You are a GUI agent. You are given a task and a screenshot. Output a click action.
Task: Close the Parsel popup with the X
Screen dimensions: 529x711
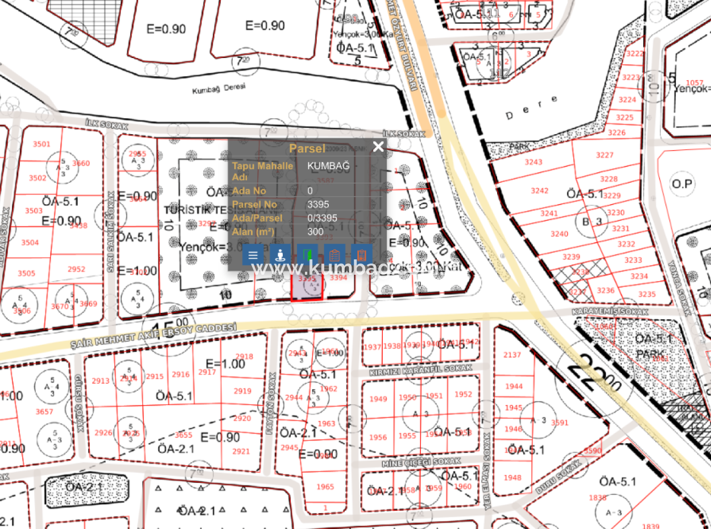pos(378,147)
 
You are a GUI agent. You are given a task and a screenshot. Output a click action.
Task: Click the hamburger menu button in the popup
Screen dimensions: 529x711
pos(253,255)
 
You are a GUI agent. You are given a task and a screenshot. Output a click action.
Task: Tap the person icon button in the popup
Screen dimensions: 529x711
pos(280,255)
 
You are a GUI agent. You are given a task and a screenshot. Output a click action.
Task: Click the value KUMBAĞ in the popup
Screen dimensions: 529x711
pos(328,166)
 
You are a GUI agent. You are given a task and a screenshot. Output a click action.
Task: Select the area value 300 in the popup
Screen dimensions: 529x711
pos(315,232)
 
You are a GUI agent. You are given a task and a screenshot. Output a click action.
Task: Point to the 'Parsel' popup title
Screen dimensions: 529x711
pos(307,148)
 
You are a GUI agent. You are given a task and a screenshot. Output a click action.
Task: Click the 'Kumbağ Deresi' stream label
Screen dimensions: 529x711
pos(219,89)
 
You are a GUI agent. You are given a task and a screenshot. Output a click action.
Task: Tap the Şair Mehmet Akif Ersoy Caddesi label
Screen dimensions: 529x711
pos(154,336)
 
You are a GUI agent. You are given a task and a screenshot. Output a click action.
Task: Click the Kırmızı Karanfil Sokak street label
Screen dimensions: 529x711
pos(421,369)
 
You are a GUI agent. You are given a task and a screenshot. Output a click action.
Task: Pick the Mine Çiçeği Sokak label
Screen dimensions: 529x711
pos(420,462)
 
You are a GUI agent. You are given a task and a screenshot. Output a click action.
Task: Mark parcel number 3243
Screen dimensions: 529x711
pos(533,162)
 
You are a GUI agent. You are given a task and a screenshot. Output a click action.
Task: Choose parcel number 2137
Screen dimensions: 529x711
pos(512,355)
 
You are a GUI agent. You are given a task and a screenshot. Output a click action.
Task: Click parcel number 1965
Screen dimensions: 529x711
pos(325,487)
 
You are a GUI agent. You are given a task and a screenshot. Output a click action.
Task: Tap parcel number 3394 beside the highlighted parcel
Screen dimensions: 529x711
pos(338,278)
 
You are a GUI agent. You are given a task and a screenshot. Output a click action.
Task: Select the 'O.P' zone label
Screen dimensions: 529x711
pos(681,184)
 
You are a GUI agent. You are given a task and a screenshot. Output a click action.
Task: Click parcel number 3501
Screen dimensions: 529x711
pos(41,144)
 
